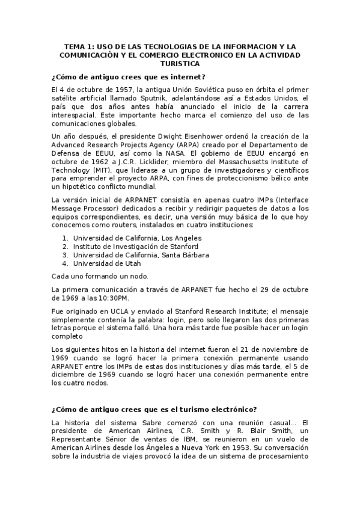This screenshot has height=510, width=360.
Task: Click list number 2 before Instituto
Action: [64, 247]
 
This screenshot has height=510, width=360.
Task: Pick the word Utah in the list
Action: [124, 263]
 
